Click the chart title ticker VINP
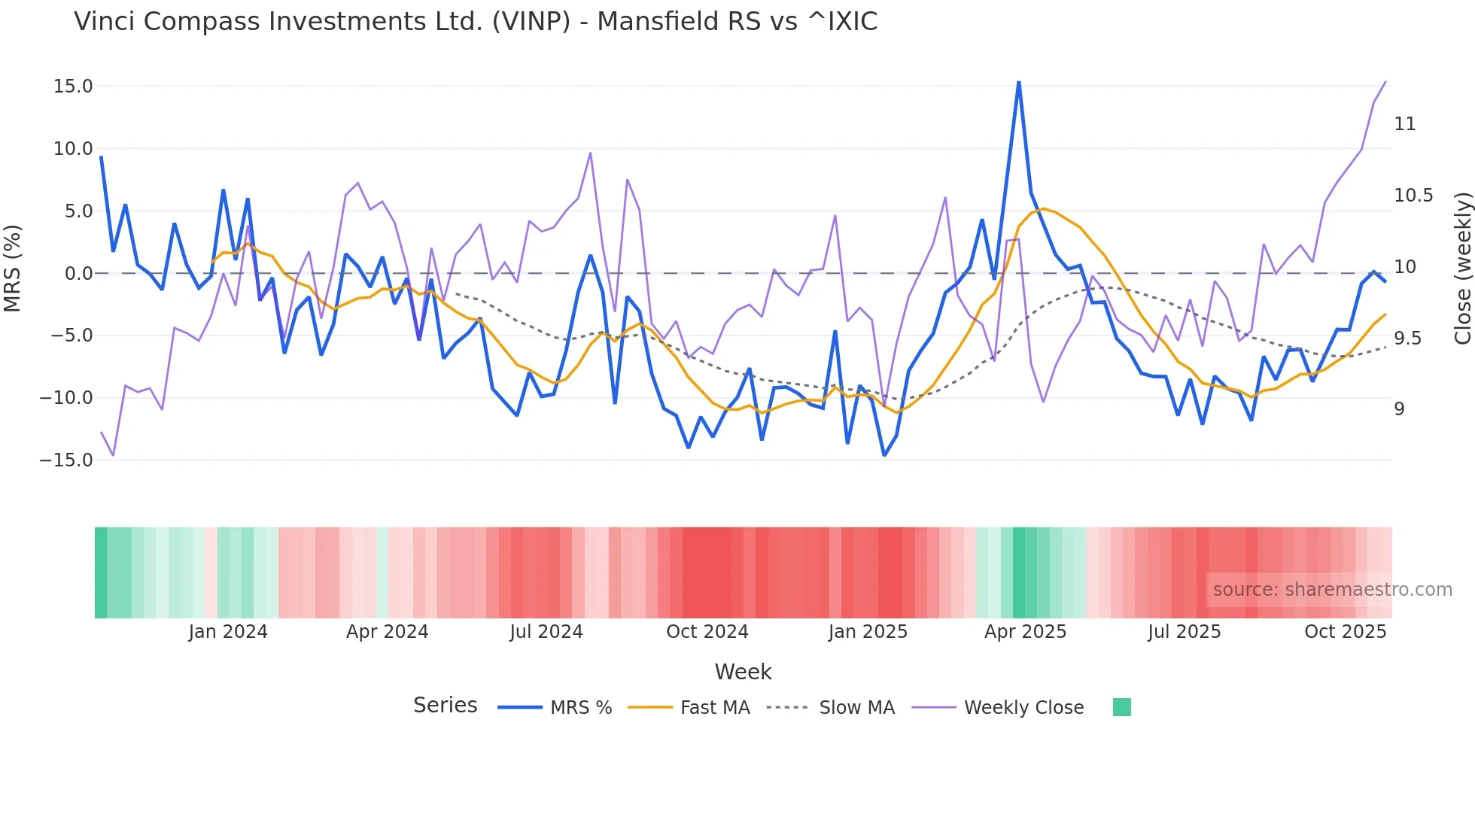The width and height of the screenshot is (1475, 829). click(531, 22)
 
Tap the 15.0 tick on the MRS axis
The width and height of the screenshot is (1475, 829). click(73, 87)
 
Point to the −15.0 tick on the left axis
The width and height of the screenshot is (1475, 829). click(66, 460)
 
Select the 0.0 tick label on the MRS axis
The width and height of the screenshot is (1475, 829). click(78, 274)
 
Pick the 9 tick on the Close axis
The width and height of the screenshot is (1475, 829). click(1399, 409)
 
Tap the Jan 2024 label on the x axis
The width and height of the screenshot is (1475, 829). click(228, 632)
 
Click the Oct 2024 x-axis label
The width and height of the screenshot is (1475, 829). click(707, 632)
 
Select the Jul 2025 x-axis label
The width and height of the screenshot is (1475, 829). click(1184, 632)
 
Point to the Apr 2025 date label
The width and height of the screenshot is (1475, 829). click(1025, 632)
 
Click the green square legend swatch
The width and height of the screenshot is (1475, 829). click(1121, 707)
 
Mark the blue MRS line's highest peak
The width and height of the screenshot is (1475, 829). click(1019, 82)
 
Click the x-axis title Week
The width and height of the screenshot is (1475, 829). click(743, 672)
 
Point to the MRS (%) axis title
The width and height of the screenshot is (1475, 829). click(13, 269)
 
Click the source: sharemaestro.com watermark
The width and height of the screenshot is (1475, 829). click(1332, 590)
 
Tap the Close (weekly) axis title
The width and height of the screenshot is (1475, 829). click(1462, 269)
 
